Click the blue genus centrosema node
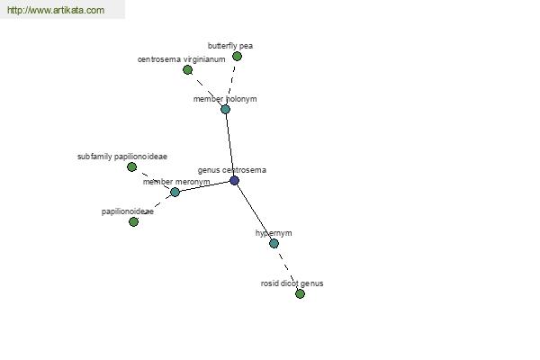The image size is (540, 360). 234,180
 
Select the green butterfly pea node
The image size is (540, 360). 237,56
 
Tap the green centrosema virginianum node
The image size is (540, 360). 187,70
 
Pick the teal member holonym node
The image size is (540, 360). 225,109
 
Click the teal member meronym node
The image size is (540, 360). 175,192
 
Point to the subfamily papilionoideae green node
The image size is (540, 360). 131,167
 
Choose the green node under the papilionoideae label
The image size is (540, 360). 133,222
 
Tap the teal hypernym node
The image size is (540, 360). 274,244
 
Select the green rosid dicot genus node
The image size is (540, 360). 300,294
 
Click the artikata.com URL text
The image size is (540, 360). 56,10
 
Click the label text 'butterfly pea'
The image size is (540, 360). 230,46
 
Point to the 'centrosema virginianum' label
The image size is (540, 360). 182,59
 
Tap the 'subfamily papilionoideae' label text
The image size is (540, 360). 122,157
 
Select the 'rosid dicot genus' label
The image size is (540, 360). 292,283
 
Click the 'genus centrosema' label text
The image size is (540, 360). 232,170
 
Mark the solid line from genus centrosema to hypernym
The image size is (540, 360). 254,211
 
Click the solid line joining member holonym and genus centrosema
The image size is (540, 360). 229,145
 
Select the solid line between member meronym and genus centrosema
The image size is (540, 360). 204,186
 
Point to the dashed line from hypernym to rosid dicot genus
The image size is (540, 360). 287,269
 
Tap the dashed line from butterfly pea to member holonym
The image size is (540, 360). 231,83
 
